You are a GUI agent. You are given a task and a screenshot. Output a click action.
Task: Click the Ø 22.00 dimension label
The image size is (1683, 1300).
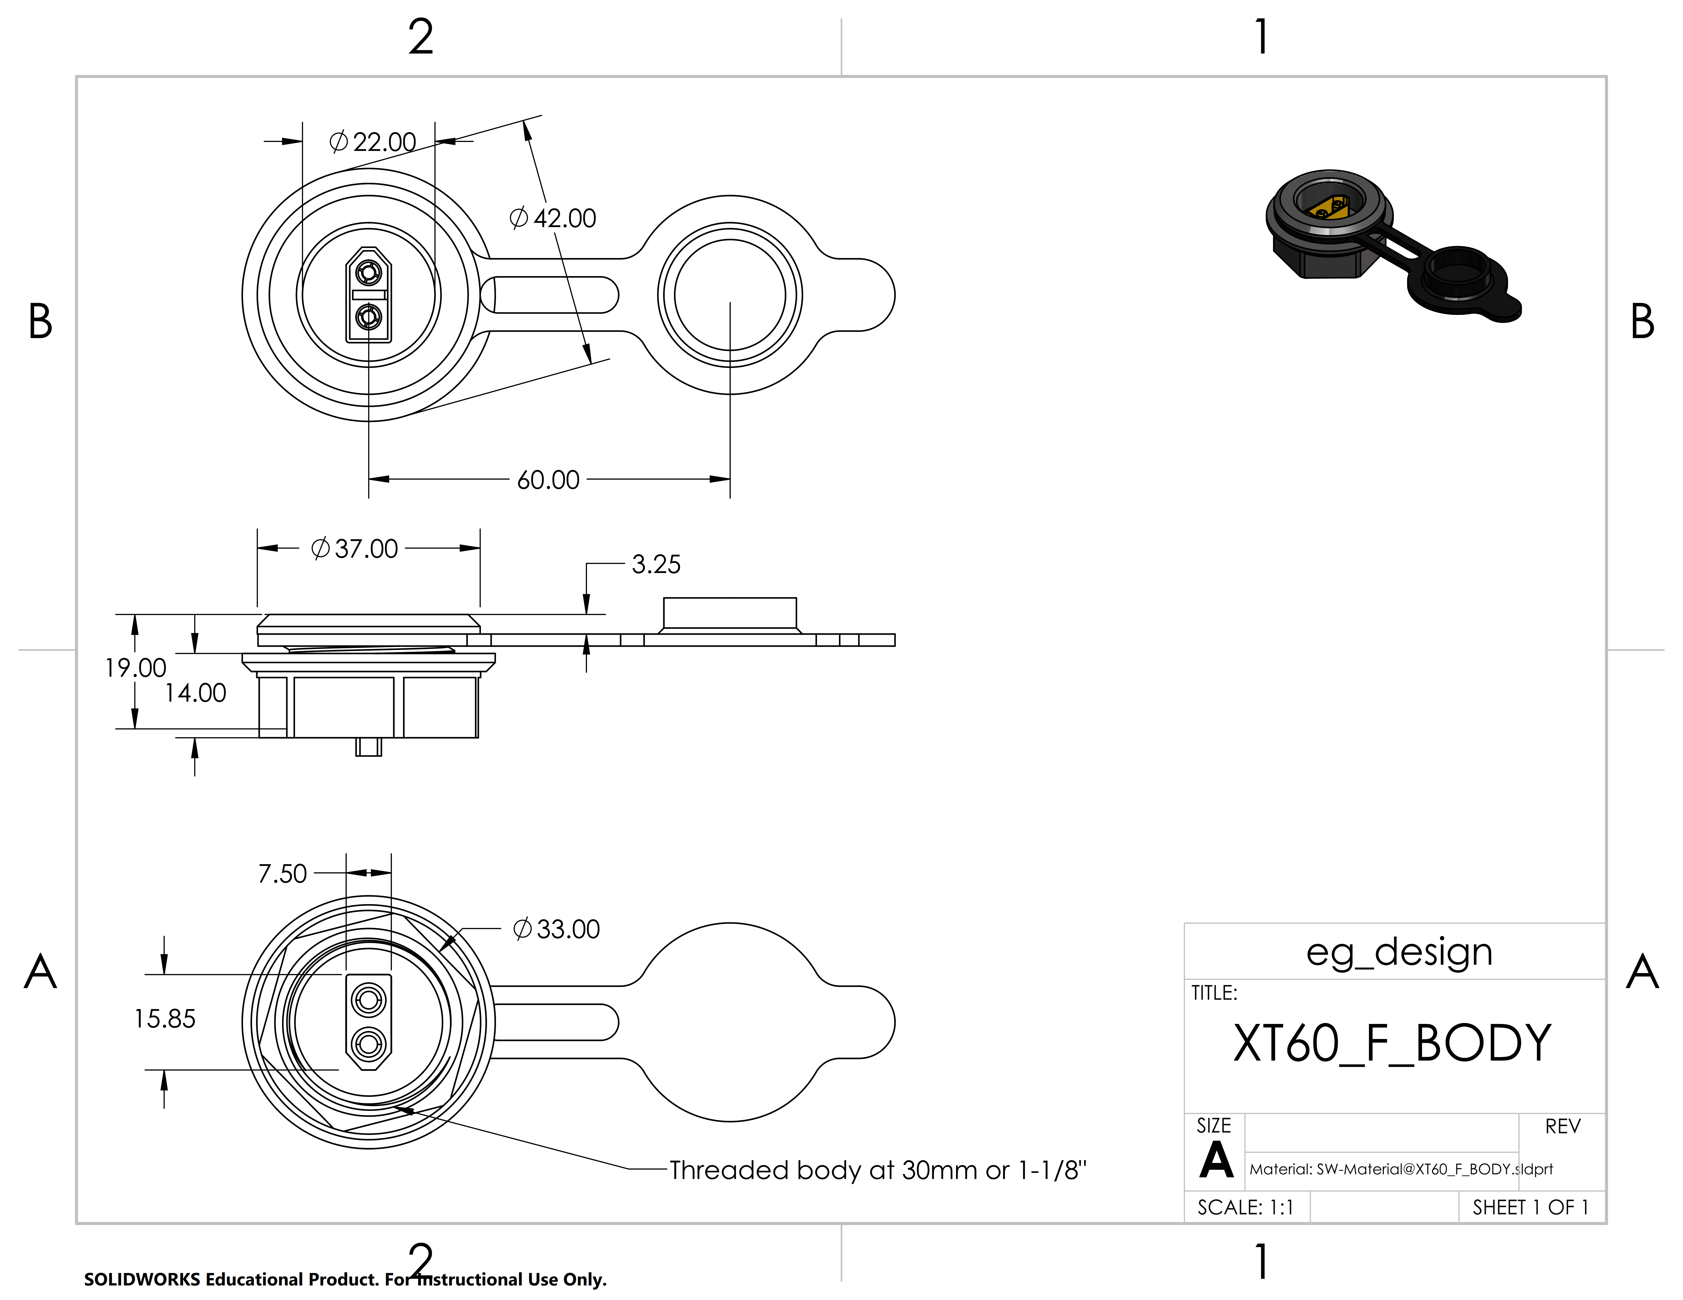373,142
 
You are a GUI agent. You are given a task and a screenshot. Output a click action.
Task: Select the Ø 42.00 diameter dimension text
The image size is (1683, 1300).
553,219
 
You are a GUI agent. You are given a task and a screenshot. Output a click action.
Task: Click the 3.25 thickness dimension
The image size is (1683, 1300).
656,565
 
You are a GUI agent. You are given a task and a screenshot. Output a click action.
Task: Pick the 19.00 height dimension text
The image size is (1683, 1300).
136,668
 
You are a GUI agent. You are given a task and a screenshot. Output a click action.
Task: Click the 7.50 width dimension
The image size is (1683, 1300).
282,874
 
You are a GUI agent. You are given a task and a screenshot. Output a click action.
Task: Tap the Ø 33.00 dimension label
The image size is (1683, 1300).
556,930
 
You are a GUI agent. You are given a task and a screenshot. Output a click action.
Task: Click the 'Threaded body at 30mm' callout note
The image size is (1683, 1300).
877,1171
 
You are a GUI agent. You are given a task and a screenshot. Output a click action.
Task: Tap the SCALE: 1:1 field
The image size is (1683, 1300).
1245,1207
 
